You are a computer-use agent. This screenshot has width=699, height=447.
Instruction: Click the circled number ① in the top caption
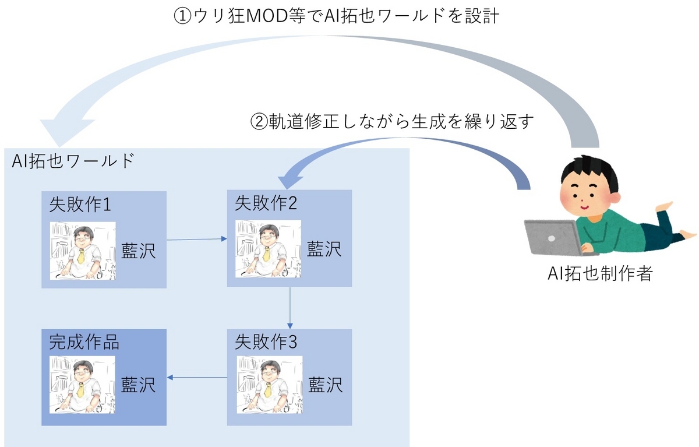tap(182, 16)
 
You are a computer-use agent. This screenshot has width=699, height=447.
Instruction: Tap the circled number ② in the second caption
tap(259, 122)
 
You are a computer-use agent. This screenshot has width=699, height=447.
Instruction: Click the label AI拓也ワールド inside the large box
tap(73, 161)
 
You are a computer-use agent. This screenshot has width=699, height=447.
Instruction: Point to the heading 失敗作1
tap(80, 205)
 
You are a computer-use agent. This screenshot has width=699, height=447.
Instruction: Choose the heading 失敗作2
tap(266, 203)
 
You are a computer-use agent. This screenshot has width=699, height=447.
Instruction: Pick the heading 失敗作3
tap(266, 342)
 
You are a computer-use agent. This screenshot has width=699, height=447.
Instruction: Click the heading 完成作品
tap(84, 342)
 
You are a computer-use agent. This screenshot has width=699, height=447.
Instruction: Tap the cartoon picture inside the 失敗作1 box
tap(83, 251)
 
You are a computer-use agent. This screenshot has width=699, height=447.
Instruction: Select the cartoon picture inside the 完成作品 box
tap(82, 385)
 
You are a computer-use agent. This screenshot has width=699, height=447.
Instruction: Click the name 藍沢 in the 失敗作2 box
tap(324, 249)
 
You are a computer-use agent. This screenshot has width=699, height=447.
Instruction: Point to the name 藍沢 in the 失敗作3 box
tap(326, 385)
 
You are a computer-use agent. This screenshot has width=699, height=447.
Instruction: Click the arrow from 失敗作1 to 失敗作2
tap(197, 240)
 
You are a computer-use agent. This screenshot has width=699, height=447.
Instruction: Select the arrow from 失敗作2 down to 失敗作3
tap(290, 308)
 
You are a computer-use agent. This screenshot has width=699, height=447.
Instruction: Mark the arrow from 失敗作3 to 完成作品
tap(197, 378)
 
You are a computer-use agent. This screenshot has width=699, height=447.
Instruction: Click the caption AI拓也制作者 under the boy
tap(600, 273)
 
